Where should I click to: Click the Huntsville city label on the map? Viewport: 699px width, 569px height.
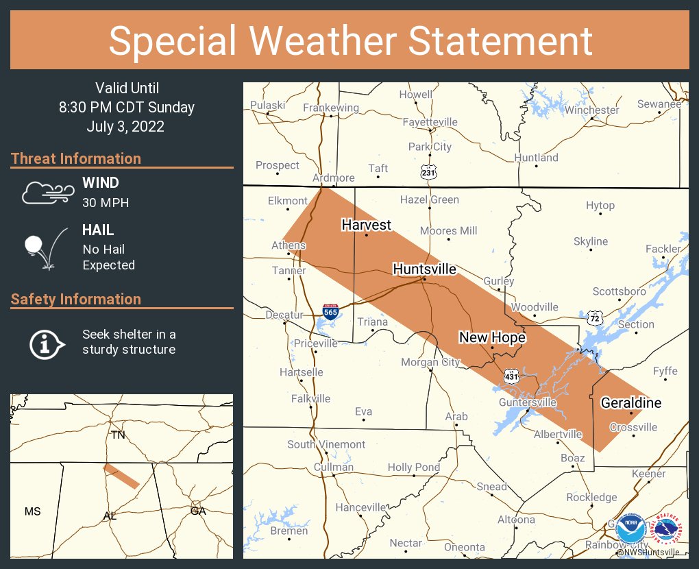pyautogui.click(x=424, y=269)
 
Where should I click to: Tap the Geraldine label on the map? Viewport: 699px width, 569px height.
pyautogui.click(x=631, y=402)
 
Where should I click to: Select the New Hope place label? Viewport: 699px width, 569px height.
pyautogui.click(x=492, y=337)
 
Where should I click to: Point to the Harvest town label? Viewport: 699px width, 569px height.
pyautogui.click(x=367, y=225)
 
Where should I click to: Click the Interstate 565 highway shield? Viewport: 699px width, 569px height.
pyautogui.click(x=330, y=311)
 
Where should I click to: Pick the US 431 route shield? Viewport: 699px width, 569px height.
pyautogui.click(x=511, y=376)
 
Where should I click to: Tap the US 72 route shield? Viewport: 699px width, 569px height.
pyautogui.click(x=594, y=317)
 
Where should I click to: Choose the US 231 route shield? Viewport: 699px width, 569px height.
pyautogui.click(x=428, y=173)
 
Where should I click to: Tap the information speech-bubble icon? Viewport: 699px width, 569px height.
pyautogui.click(x=46, y=343)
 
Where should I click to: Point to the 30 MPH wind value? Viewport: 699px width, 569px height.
pyautogui.click(x=106, y=203)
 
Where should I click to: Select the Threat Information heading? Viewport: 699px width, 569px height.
pyautogui.click(x=76, y=158)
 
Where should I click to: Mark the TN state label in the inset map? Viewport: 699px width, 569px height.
pyautogui.click(x=118, y=435)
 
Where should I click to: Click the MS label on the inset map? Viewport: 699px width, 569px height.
pyautogui.click(x=32, y=511)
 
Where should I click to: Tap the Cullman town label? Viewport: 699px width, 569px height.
pyautogui.click(x=333, y=467)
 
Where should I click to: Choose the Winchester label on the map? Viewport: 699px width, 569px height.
pyautogui.click(x=592, y=110)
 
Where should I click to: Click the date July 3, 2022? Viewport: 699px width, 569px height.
pyautogui.click(x=125, y=127)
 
